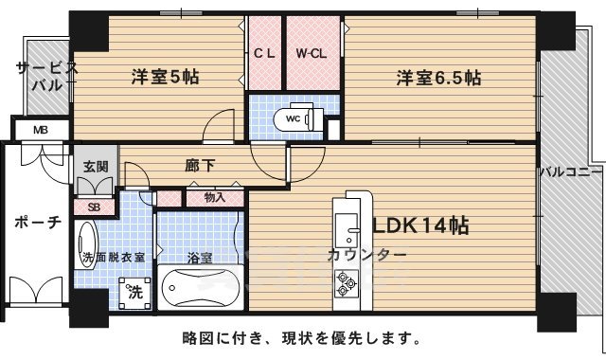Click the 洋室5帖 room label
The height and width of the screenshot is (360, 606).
[x=170, y=79]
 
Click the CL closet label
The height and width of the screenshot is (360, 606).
[x=263, y=53]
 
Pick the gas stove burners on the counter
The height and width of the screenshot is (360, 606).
[x=344, y=282]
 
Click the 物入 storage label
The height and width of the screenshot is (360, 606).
[x=215, y=198]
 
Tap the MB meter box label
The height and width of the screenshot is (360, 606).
[x=40, y=130]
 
